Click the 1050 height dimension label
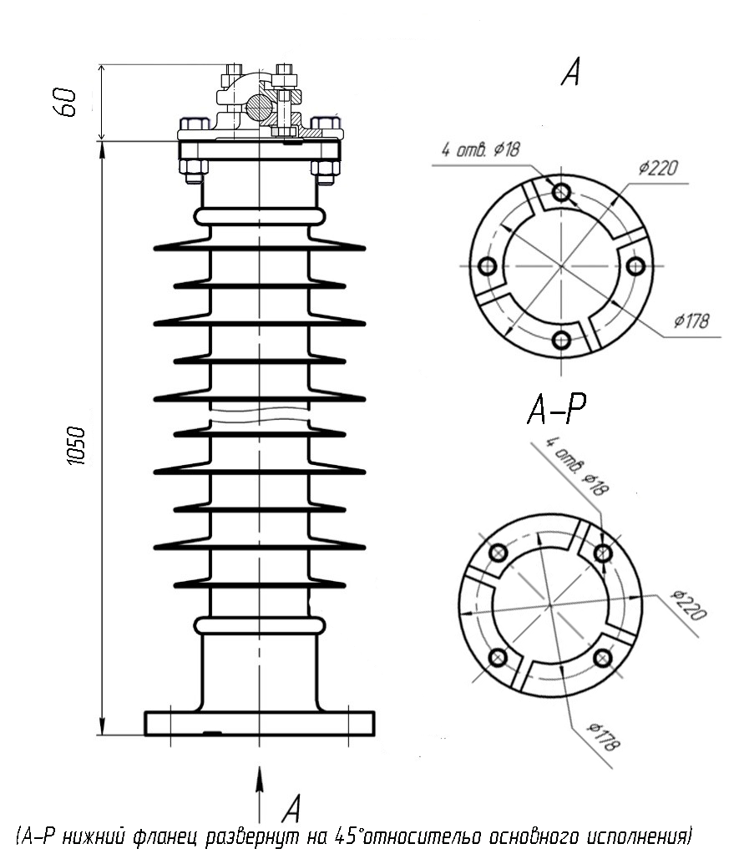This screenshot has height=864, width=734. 77,446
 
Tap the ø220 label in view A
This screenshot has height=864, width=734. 658,168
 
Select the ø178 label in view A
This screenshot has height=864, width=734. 691,321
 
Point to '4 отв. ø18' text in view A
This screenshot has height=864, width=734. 480,149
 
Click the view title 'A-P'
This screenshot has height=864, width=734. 557,409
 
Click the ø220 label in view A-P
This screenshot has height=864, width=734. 688,605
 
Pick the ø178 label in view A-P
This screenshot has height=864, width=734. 604,737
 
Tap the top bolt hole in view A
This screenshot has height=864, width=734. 561,192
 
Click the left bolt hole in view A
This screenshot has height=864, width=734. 487,266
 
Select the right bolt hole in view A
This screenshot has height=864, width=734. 636,266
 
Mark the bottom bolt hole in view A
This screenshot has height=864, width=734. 561,340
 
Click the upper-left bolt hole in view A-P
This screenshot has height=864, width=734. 499,552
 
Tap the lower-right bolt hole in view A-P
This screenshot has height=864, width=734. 603,657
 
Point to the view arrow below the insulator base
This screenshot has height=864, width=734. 260,794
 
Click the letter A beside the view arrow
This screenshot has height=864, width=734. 292,808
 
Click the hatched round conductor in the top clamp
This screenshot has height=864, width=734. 258,106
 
